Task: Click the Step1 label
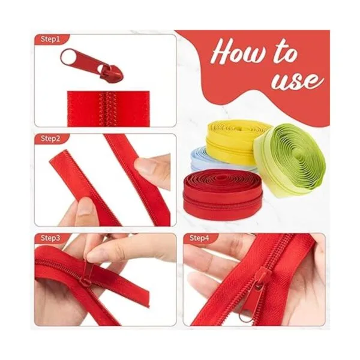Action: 50,39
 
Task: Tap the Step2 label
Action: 50,139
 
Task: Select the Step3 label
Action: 50,238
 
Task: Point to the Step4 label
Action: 199,238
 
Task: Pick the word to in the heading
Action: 286,52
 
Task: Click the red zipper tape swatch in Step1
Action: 109,109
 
